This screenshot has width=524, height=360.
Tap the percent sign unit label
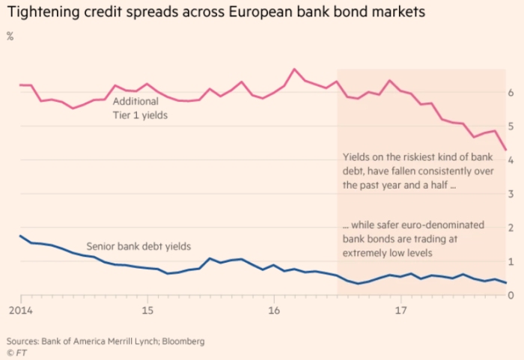coord(10,36)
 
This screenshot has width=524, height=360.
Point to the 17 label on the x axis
coord(400,310)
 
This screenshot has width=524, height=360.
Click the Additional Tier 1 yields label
coord(138,109)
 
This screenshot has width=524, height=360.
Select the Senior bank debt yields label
coord(138,245)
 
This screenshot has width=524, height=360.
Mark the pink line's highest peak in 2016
coord(294,69)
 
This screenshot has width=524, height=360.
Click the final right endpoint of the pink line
coord(507,150)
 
